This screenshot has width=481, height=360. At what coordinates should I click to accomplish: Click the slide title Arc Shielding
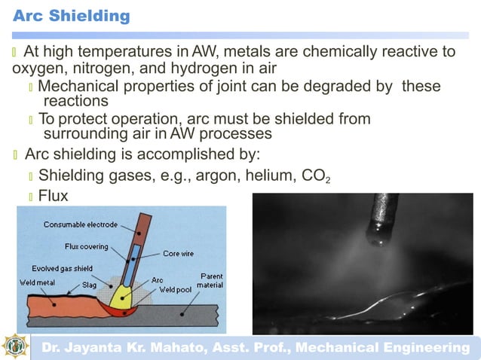click(x=72, y=15)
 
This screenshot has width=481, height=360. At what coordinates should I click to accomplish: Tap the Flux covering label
click(x=87, y=246)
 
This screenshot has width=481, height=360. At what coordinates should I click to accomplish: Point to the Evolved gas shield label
click(x=63, y=268)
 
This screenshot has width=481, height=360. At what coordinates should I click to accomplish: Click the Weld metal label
click(x=35, y=282)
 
